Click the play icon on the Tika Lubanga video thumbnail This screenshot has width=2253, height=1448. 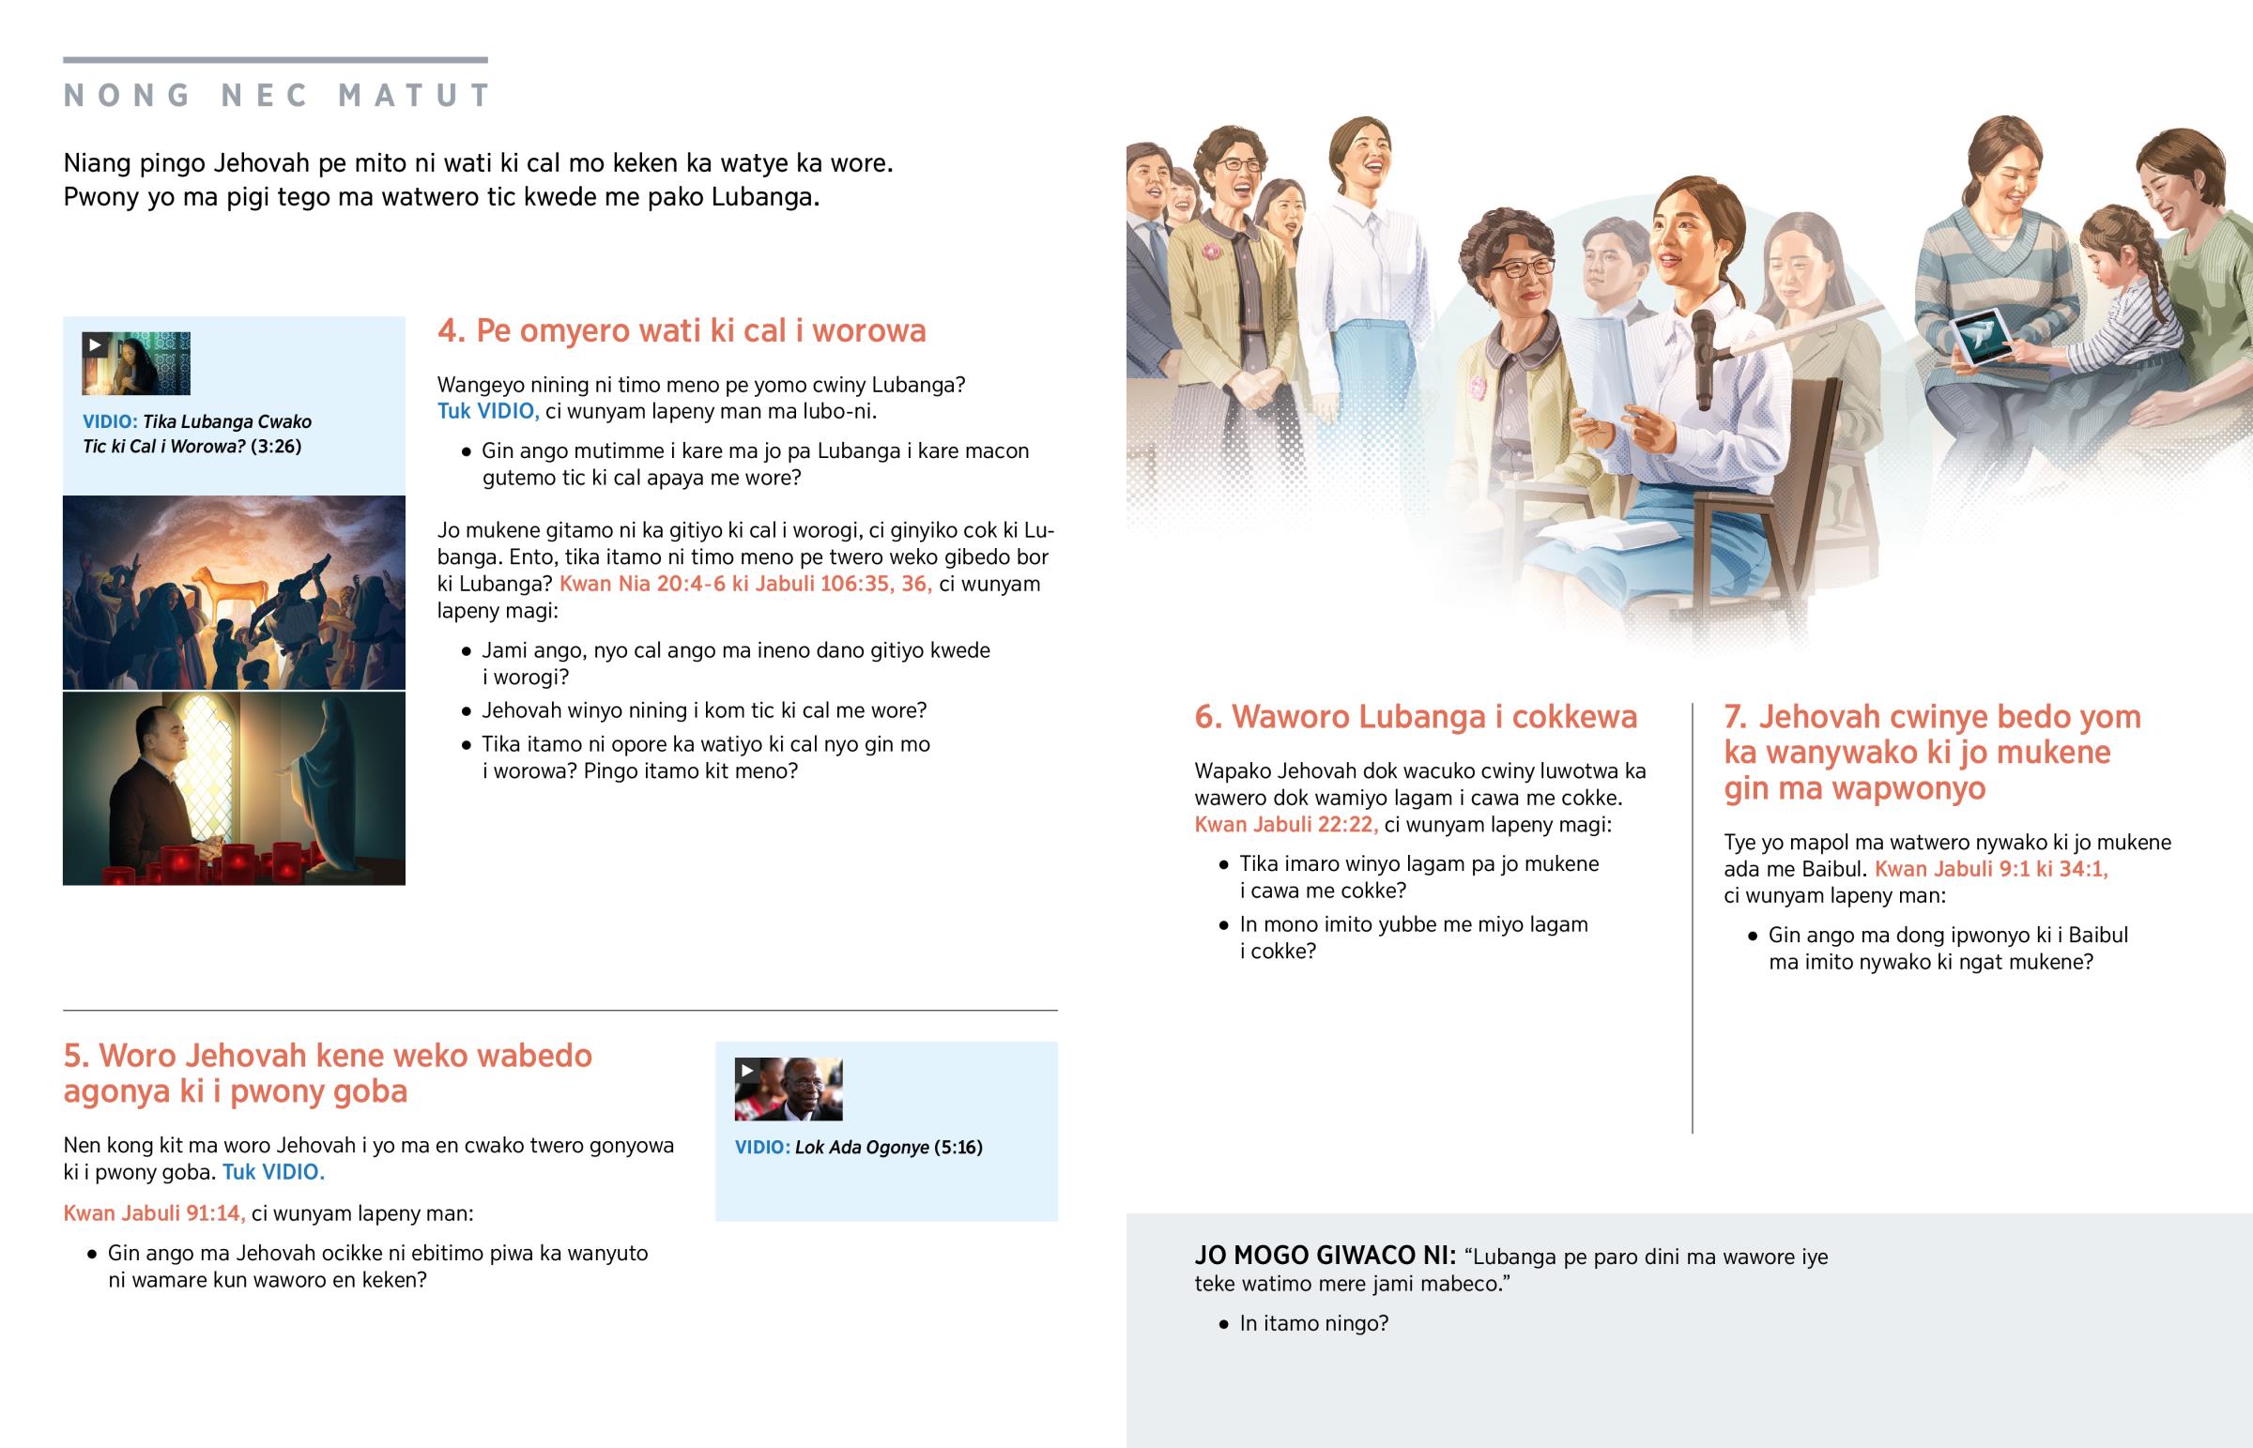click(x=94, y=345)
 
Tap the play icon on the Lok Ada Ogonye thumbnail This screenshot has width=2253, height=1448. click(x=746, y=1070)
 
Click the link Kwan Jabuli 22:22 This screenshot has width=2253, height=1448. click(x=1286, y=825)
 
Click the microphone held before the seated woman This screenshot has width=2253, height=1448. click(x=1703, y=358)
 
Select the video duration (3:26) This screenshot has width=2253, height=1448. click(x=275, y=447)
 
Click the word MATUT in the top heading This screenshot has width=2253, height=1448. click(x=415, y=95)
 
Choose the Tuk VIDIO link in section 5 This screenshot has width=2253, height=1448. click(x=273, y=1171)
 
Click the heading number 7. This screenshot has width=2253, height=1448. click(x=1736, y=717)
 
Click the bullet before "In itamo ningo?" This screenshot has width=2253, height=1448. click(x=1223, y=1324)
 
